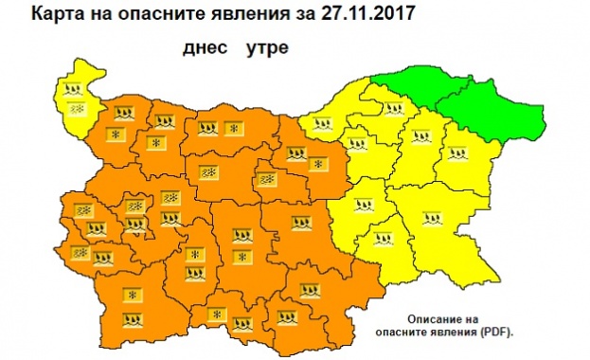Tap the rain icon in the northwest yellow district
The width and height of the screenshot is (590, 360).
coord(73,91)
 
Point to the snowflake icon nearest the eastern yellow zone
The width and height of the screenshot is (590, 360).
coord(319,165)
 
